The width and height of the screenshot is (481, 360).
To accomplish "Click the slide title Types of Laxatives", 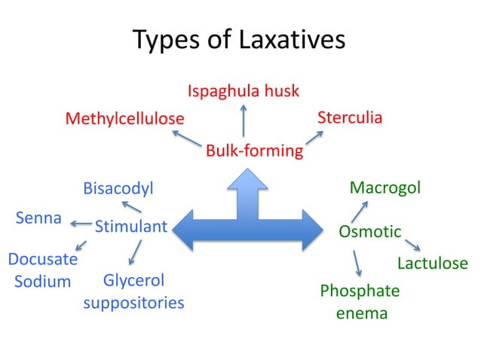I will pos(239,39).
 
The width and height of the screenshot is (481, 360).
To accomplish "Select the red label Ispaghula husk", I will pos(243,91).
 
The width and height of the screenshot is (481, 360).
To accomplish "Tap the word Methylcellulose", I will pos(124,119).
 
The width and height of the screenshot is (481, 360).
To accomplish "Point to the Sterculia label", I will pos(350,117).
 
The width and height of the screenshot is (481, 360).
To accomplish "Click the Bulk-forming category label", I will pos(254,151).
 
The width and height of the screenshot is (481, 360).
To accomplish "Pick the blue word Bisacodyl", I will pos(118,188).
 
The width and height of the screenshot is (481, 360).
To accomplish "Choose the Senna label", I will pos(38,218).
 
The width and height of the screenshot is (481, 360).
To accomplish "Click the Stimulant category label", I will pos(130,225).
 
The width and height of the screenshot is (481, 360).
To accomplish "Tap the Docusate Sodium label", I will pos(42,270).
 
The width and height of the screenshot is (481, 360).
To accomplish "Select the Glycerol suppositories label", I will pos(133,291).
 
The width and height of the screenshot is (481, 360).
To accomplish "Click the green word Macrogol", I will pos(384,188).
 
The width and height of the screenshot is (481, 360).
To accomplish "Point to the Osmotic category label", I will pos(369,231).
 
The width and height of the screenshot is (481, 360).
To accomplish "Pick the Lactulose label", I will pos(432,264).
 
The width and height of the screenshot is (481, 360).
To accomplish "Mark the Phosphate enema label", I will pos(360,301).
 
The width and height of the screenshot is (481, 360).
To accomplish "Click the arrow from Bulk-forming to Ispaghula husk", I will pos(243,121).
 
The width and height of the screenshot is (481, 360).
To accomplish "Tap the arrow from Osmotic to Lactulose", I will pos(412,245).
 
